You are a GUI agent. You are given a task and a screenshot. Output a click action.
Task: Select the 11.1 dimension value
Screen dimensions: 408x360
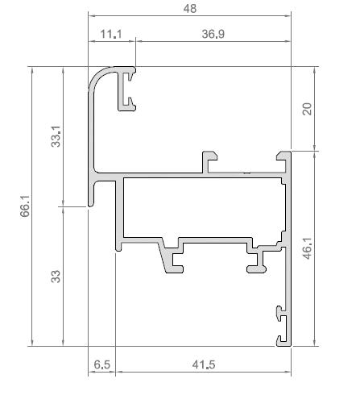pyautogui.click(x=111, y=33)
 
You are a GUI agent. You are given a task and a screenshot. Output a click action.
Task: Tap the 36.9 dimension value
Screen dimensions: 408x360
pyautogui.click(x=213, y=33)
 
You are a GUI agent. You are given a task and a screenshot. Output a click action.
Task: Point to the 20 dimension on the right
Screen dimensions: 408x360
pyautogui.click(x=307, y=109)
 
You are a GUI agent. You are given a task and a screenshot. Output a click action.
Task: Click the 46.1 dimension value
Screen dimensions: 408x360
pyautogui.click(x=307, y=248)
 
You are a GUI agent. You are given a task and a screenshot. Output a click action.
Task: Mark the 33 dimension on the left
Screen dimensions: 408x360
pyautogui.click(x=56, y=277)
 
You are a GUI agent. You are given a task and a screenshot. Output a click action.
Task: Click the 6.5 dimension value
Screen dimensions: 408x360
pyautogui.click(x=101, y=364)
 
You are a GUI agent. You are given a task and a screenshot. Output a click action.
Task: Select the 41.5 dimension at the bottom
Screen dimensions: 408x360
pyautogui.click(x=204, y=364)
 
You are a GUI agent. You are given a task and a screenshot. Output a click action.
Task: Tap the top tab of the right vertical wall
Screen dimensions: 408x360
pyautogui.click(x=283, y=156)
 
